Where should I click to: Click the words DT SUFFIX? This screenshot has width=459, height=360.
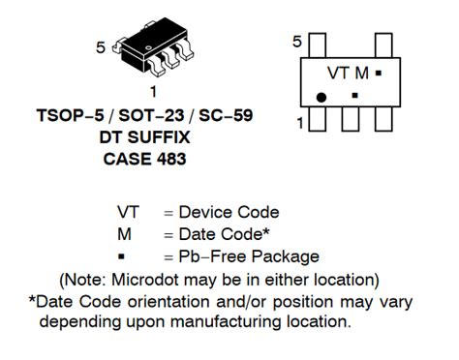(x=144, y=137)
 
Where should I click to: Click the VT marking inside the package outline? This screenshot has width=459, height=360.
(x=338, y=74)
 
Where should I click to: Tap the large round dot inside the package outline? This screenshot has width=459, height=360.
(x=321, y=97)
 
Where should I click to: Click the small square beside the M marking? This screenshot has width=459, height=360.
(x=379, y=73)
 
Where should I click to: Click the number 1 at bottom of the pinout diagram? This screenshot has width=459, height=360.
(x=300, y=123)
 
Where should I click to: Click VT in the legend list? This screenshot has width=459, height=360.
(x=128, y=212)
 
